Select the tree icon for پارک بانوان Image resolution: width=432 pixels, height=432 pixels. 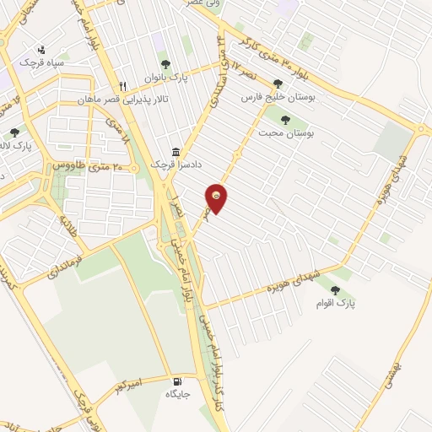(x=165, y=63)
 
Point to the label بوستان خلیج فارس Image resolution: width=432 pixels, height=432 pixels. (x=278, y=99)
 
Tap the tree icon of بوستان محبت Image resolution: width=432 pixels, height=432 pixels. (x=284, y=119)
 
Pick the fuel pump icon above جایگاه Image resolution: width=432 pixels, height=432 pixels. (x=175, y=381)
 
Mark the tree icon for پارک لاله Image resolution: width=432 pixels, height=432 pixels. (x=14, y=132)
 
